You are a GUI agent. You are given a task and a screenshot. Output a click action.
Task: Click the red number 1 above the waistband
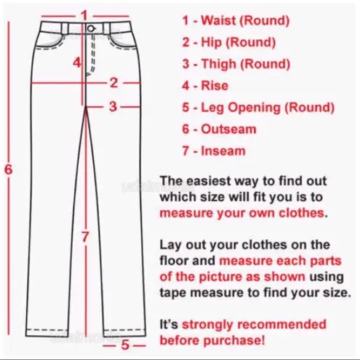[x=84, y=15]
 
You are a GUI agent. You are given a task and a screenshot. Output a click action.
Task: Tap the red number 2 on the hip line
[x=113, y=82]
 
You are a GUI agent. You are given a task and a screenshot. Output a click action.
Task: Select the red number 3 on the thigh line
[x=113, y=107]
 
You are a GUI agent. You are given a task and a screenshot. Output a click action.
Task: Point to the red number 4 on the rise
[x=76, y=63]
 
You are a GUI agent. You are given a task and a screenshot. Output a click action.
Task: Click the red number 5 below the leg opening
[x=125, y=345]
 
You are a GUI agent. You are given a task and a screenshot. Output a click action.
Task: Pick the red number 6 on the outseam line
[x=8, y=169]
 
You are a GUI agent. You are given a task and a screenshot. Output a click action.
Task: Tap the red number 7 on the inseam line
[x=85, y=236]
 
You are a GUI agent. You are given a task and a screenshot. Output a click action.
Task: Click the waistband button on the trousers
[x=90, y=28]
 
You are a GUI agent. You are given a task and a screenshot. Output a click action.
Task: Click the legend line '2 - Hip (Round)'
[x=228, y=42]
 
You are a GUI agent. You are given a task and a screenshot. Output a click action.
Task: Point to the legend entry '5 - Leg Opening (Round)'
[x=257, y=108]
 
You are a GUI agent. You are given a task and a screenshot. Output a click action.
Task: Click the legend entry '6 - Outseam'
[x=219, y=129]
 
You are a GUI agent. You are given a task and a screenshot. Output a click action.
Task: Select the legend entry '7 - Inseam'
[x=213, y=151]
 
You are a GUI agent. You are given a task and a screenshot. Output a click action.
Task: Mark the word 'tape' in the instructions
[x=175, y=292]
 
